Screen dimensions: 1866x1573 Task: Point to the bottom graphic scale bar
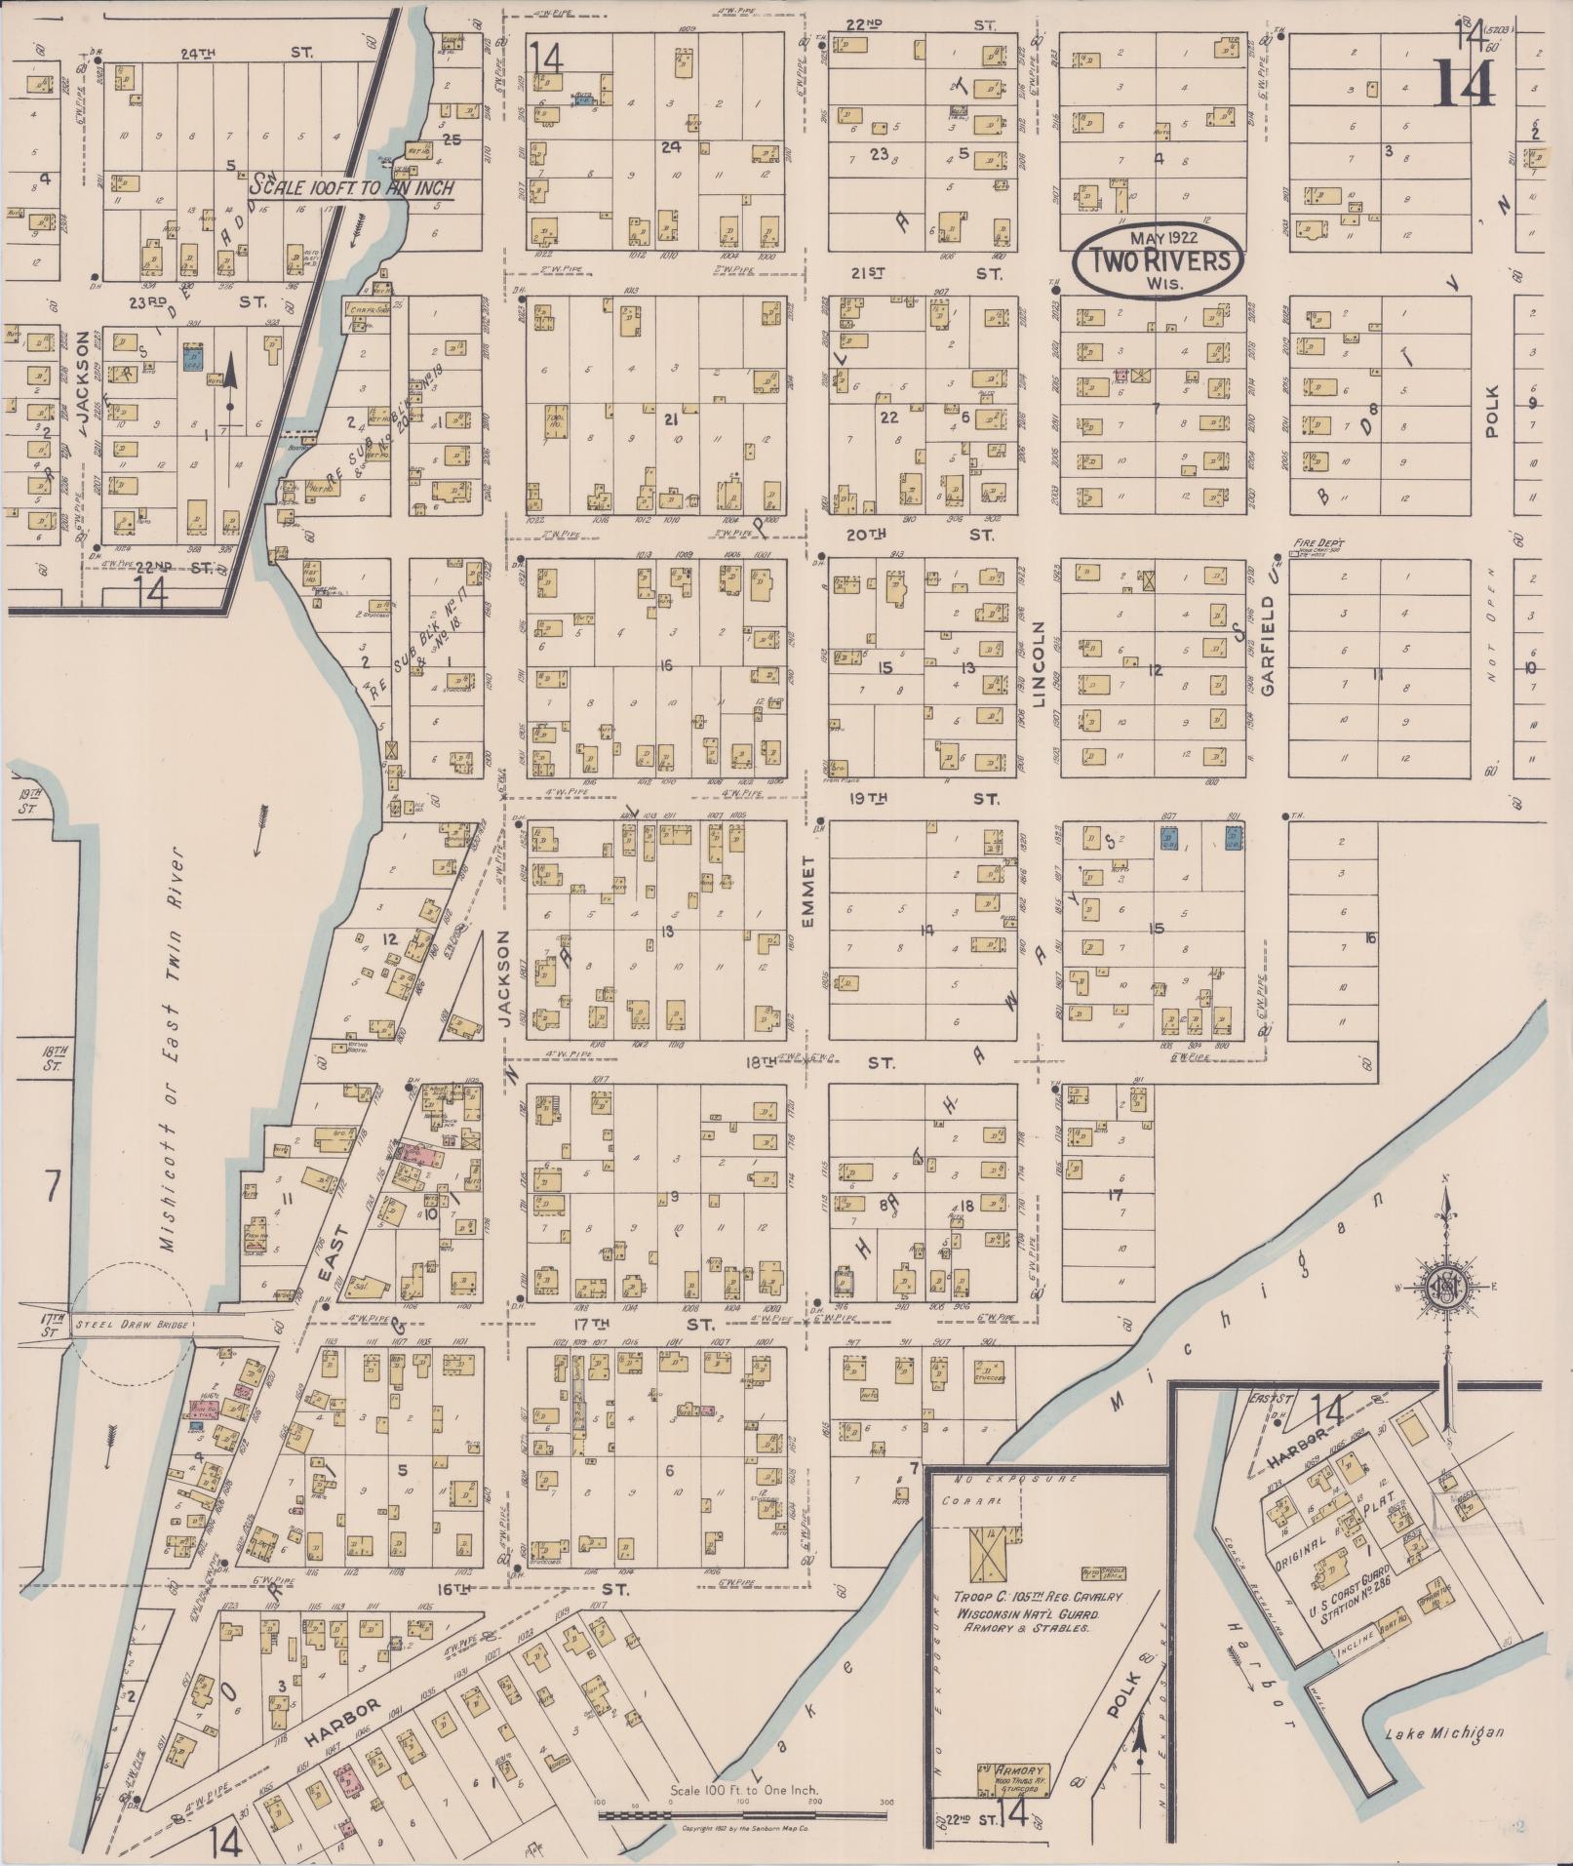(x=743, y=1814)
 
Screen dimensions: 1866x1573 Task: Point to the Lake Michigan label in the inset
(x=1443, y=1732)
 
